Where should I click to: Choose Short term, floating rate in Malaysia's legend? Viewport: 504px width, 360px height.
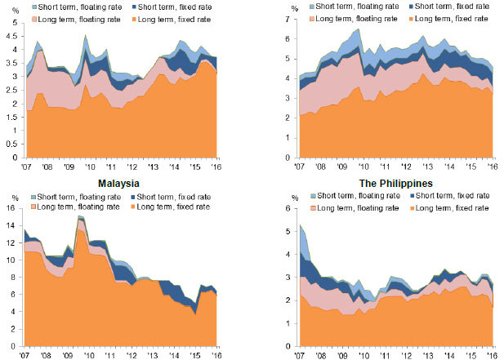click(x=78, y=197)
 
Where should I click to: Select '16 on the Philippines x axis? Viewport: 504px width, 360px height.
click(x=492, y=354)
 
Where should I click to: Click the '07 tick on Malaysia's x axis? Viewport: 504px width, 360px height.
click(x=27, y=354)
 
